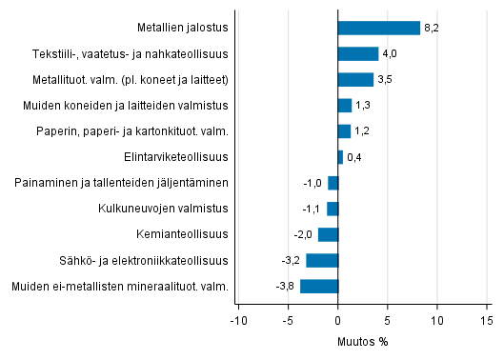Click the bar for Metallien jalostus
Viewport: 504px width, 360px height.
(379, 28)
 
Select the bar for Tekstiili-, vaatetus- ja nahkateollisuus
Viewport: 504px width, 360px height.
(358, 53)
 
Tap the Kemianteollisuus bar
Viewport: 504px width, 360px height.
(328, 234)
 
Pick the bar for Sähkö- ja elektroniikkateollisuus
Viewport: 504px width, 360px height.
(322, 260)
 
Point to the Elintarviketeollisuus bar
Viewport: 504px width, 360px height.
(340, 156)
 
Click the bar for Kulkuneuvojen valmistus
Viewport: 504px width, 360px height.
(333, 209)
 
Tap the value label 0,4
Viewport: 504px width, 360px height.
(354, 156)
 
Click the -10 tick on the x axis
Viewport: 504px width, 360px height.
(239, 320)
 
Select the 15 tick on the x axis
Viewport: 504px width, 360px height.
(487, 320)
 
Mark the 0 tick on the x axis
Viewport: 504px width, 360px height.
(338, 320)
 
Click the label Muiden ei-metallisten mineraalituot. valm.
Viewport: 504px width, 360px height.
(119, 286)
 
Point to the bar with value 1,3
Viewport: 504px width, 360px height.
(345, 105)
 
